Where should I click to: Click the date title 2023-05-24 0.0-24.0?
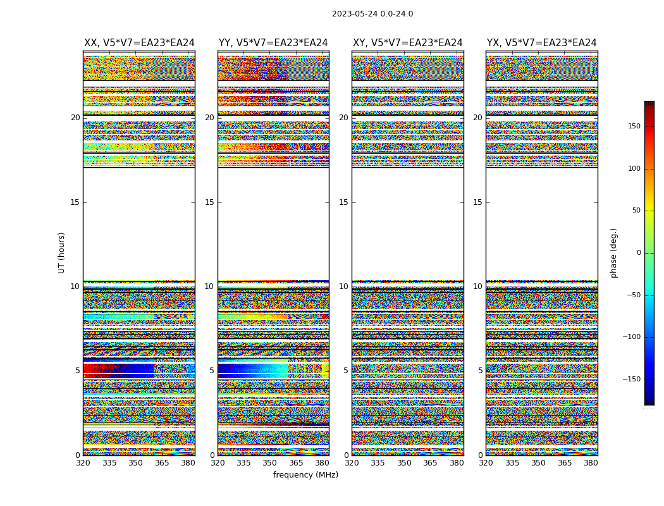[x=372, y=14]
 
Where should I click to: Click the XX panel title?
[x=139, y=43]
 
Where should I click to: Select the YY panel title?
[x=273, y=43]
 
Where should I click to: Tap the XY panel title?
[x=407, y=43]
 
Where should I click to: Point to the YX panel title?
[x=541, y=43]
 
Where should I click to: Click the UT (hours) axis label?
[x=62, y=252]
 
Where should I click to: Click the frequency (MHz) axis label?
[x=305, y=475]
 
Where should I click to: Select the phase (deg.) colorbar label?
[x=613, y=252]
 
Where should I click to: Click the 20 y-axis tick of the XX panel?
[x=75, y=118]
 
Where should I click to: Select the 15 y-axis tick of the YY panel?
[x=209, y=202]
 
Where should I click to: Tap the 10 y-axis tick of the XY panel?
[x=343, y=287]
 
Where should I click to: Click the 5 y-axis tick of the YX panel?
[x=480, y=371]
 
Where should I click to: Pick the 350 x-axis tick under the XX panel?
[x=135, y=463]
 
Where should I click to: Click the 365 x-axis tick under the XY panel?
[x=430, y=463]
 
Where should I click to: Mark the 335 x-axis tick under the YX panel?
[x=512, y=463]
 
